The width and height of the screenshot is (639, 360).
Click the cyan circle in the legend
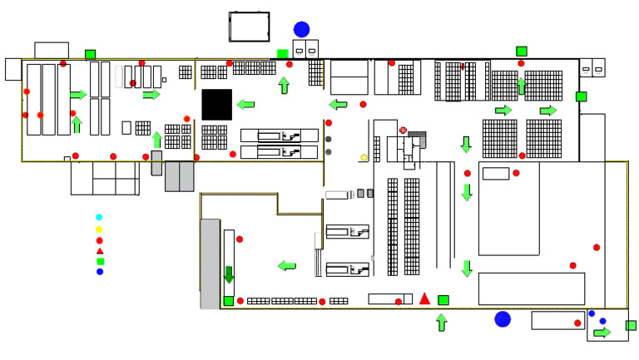99,217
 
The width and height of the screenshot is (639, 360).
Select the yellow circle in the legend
99,229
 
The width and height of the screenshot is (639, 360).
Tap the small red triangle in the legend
100,250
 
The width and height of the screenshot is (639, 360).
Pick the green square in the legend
100,261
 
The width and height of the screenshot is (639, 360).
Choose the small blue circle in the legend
100,272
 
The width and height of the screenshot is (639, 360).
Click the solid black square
217,104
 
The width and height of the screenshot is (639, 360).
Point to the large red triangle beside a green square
424,298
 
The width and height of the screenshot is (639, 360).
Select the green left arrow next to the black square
245,104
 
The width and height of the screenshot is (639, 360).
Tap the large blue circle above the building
301,29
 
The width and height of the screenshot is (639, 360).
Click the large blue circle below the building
503,319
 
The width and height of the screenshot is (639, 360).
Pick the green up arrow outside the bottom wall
441,323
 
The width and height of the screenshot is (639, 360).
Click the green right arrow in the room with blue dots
602,333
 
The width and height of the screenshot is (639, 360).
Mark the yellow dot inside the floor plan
364,157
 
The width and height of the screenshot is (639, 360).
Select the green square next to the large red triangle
443,299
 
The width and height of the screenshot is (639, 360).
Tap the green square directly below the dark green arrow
229,301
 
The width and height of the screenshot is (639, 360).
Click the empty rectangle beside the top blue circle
249,27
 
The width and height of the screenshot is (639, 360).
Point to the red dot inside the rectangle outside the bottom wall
577,323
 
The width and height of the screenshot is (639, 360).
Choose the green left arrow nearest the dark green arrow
287,266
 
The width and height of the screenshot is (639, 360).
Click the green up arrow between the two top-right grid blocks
522,86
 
